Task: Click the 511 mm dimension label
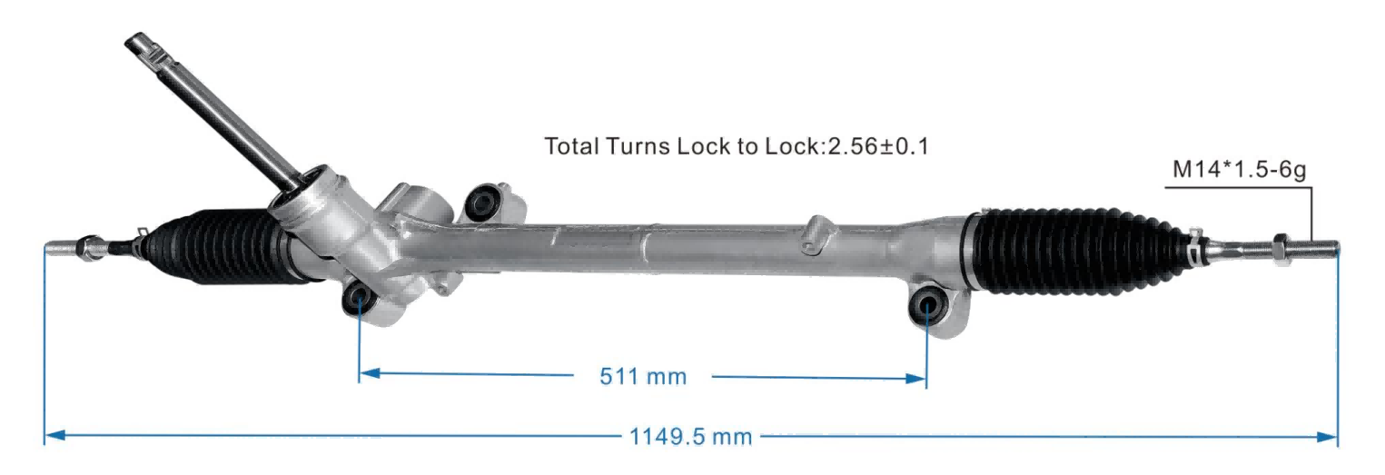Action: click(643, 377)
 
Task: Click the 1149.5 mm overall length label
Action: click(690, 437)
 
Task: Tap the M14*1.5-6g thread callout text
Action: click(1239, 169)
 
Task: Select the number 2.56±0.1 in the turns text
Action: click(878, 146)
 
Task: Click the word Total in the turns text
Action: click(572, 146)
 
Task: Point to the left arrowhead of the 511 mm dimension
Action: click(369, 373)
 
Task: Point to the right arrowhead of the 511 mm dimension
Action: click(916, 378)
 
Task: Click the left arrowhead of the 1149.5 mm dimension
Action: click(55, 435)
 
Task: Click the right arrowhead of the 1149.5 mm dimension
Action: click(1327, 437)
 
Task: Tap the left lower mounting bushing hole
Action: click(359, 297)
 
